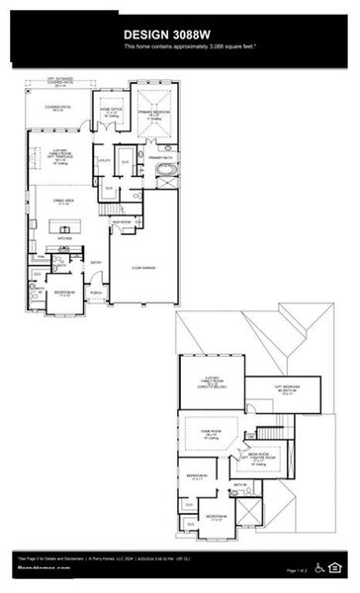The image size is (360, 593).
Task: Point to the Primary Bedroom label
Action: pyautogui.click(x=155, y=114)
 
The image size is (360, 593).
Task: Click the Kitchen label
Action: pyautogui.click(x=65, y=238)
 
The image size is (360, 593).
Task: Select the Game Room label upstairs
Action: pyautogui.click(x=210, y=433)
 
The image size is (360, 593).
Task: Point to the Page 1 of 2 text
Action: pyautogui.click(x=297, y=571)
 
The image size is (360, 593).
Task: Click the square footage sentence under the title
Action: pyautogui.click(x=179, y=47)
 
